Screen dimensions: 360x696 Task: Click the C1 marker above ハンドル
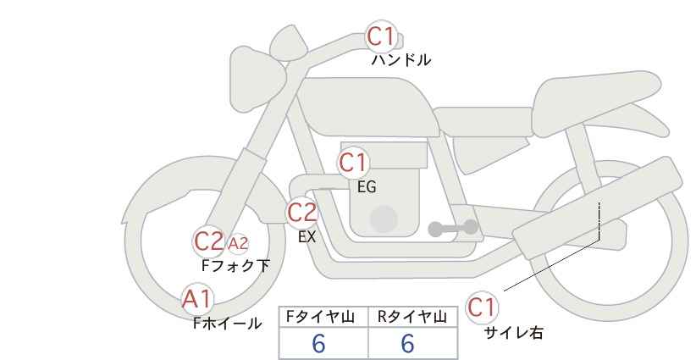coord(381,36)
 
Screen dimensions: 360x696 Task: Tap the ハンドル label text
coord(401,60)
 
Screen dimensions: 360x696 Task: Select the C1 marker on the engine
coord(354,163)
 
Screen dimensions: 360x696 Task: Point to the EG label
coord(367,187)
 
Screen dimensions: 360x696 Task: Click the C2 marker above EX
coord(302,212)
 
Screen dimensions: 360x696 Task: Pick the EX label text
coord(307,237)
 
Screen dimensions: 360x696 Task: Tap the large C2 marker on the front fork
coord(208,241)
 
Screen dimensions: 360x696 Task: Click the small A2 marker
coord(238,244)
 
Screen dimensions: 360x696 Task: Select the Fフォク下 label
coord(235,266)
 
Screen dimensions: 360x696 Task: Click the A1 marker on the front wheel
coord(197,298)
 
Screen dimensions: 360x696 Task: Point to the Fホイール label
coord(227,323)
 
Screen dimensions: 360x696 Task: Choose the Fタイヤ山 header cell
coord(323,318)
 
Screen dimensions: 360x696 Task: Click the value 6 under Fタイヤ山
coord(319,344)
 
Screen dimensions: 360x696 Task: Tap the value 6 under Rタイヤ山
coord(407,344)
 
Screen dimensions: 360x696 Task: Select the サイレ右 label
coord(513,333)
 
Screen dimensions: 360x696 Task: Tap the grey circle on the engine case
coord(384,219)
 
